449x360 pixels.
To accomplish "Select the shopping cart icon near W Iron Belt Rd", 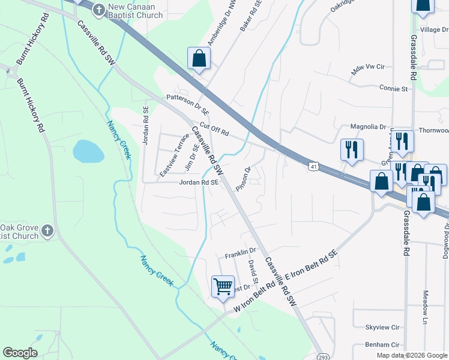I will click(x=223, y=286).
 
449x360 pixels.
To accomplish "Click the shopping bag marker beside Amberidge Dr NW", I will click(x=199, y=59).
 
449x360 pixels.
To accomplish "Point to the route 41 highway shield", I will click(x=313, y=166).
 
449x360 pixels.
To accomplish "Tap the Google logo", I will click(x=20, y=353).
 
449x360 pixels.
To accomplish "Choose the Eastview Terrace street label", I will click(x=174, y=155).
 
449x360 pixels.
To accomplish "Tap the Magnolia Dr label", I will click(x=369, y=127).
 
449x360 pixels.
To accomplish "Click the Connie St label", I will click(x=393, y=88).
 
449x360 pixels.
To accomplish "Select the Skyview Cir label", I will click(x=382, y=328).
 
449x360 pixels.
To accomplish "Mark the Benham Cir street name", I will click(x=382, y=345).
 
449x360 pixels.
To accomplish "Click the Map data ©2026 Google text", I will click(x=411, y=355).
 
